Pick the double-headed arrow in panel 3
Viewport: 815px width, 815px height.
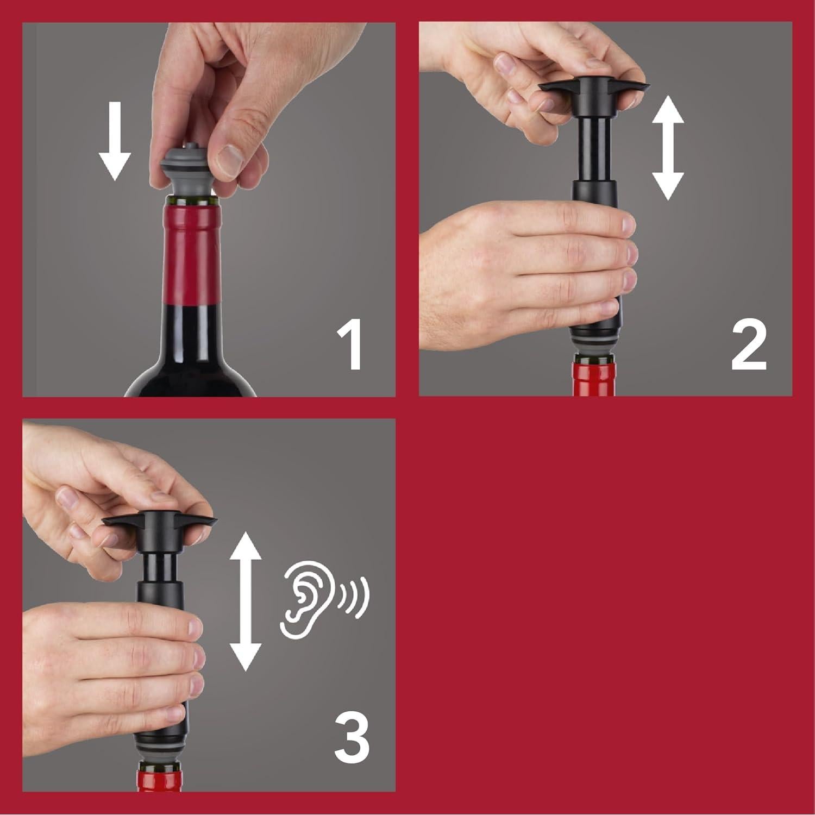(246, 601)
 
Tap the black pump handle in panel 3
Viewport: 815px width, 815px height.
(160, 522)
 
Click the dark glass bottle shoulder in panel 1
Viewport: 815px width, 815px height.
(190, 375)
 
